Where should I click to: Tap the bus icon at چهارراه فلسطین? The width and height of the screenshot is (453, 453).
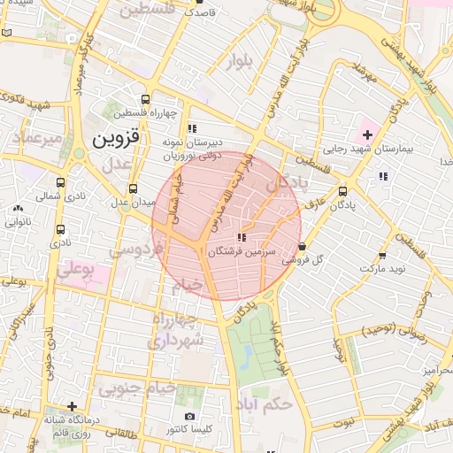pyautogui.click(x=145, y=99)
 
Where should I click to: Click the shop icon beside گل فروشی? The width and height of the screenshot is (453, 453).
pyautogui.click(x=303, y=247)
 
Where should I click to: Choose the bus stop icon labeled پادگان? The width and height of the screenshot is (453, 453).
pyautogui.click(x=343, y=190)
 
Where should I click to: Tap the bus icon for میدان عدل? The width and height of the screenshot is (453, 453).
pyautogui.click(x=133, y=188)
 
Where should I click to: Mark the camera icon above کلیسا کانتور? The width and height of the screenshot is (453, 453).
pyautogui.click(x=188, y=416)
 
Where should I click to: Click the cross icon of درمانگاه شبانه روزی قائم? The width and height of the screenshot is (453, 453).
pyautogui.click(x=72, y=407)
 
